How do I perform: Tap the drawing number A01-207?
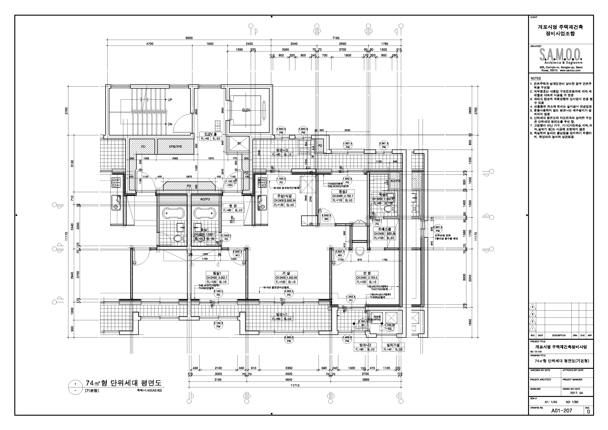(561, 410)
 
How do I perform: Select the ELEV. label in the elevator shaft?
(246, 110)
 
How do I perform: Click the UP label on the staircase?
(170, 100)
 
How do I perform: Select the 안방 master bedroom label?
(367, 273)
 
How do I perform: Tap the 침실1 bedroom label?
(217, 273)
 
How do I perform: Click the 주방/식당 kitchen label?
(284, 196)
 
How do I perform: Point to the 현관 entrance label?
(233, 206)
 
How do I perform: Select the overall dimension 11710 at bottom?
(295, 385)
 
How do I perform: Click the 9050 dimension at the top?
(189, 38)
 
